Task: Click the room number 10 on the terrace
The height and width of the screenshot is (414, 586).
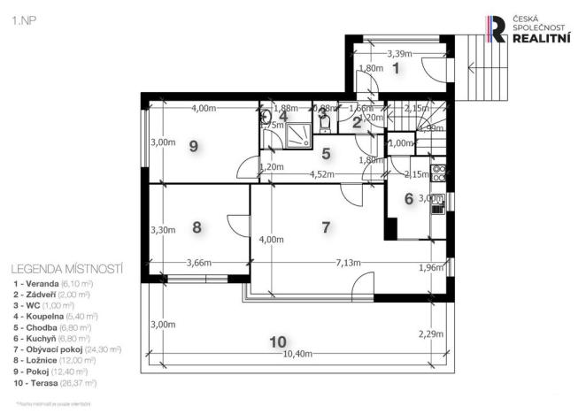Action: pyautogui.click(x=278, y=341)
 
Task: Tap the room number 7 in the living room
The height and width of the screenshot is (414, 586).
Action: pyautogui.click(x=326, y=227)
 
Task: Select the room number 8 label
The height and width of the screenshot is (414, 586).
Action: pyautogui.click(x=197, y=227)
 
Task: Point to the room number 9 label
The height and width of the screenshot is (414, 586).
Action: pyautogui.click(x=193, y=147)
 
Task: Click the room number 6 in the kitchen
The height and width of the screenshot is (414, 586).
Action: pyautogui.click(x=408, y=199)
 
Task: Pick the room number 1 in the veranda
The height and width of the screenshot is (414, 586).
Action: pyautogui.click(x=396, y=67)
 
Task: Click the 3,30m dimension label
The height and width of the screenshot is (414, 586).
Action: pyautogui.click(x=163, y=230)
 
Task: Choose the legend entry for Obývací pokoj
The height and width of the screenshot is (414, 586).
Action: pyautogui.click(x=66, y=349)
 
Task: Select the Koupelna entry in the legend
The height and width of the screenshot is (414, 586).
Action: pyautogui.click(x=54, y=314)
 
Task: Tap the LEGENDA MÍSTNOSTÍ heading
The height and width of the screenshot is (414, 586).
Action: pyautogui.click(x=66, y=268)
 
